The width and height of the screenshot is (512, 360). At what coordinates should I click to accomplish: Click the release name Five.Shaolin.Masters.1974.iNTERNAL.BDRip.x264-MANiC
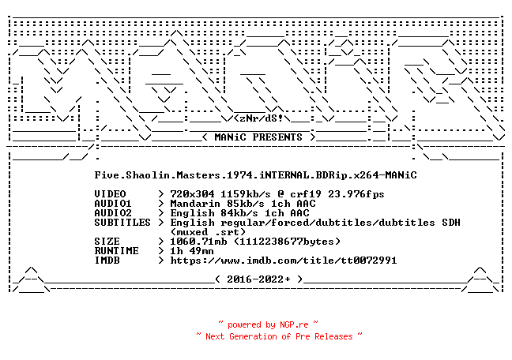click(256, 175)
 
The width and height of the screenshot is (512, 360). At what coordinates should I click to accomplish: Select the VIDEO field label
click(110, 194)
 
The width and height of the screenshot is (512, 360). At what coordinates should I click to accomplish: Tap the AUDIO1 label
click(113, 204)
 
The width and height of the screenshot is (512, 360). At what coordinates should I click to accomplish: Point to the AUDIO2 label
click(113, 213)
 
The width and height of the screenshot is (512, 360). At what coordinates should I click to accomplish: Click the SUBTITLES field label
click(122, 223)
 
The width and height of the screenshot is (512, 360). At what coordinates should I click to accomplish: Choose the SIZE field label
click(107, 242)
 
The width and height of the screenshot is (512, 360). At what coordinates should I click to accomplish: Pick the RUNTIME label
click(117, 251)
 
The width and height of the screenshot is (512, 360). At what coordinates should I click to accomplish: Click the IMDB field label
click(107, 260)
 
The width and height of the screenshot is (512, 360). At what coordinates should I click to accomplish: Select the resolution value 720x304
click(192, 194)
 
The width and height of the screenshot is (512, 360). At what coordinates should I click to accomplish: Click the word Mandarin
click(195, 204)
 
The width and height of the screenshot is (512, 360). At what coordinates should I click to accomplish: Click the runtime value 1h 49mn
click(192, 251)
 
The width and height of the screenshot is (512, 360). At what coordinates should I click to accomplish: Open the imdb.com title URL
click(284, 260)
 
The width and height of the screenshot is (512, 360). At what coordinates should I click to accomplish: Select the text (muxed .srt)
click(208, 232)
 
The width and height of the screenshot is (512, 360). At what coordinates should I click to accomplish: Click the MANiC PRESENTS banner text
click(258, 137)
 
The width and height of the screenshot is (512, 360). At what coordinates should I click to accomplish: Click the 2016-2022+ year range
click(258, 279)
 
